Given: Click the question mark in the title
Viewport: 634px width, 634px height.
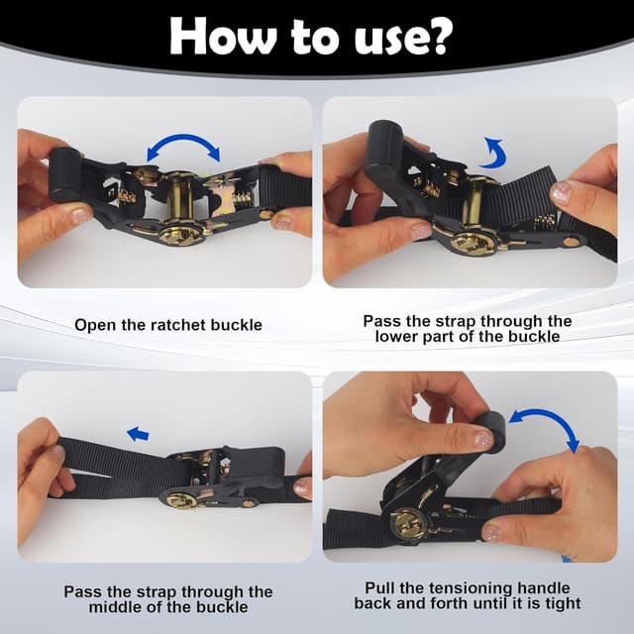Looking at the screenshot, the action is (x=436, y=36).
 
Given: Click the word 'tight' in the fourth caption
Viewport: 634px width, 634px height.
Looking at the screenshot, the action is (x=564, y=603).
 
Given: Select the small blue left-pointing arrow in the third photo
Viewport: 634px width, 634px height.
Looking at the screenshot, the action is (x=138, y=434).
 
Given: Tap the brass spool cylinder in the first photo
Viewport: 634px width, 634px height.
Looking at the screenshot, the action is (x=179, y=197).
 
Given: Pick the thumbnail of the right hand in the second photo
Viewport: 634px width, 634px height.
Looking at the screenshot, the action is (x=561, y=192).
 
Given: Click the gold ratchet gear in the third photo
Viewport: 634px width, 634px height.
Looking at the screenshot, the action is (x=181, y=501).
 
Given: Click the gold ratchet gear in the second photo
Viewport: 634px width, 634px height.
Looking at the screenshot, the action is (x=473, y=244).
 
